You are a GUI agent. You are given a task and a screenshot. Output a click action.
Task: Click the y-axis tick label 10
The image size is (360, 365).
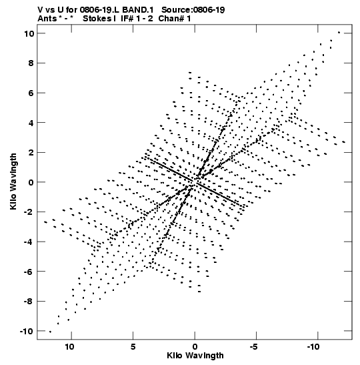tap(29, 34)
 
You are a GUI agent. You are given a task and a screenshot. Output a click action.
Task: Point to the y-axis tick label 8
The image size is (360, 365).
tap(31, 63)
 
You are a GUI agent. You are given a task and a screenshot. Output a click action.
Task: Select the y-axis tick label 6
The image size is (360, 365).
tap(31, 93)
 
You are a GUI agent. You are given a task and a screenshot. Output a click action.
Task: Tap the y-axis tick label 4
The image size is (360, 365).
tap(31, 123)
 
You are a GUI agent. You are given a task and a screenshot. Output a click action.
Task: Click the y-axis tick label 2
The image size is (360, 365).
tap(31, 152)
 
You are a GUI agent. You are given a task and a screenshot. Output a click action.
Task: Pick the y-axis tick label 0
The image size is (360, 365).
tap(31, 182)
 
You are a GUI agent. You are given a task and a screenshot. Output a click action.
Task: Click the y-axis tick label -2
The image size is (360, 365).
tap(29, 212)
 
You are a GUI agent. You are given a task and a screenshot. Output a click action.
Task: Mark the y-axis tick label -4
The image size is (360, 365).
tap(29, 242)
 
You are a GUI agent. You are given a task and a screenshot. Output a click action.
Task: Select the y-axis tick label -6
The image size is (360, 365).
tap(29, 272)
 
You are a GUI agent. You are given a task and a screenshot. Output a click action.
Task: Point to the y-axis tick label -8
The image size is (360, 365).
tap(29, 302)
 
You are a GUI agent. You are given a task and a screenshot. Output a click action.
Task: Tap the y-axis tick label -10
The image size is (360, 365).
tap(27, 331)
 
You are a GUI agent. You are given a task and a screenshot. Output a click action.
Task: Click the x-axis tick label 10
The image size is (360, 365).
tap(70, 347)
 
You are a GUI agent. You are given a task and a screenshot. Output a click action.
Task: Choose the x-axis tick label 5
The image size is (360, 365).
tap(133, 347)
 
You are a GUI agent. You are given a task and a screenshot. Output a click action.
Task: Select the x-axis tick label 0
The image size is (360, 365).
tap(195, 347)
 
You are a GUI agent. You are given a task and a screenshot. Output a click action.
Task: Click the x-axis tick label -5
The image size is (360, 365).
tap(254, 347)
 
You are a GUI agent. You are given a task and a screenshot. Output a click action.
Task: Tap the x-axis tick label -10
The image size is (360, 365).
tap(313, 347)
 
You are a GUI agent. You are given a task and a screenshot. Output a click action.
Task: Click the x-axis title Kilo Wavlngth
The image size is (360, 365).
tap(195, 356)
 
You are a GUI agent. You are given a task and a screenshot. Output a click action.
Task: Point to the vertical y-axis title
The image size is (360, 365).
tap(13, 181)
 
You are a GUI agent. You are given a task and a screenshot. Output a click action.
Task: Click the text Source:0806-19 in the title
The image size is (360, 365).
tap(193, 10)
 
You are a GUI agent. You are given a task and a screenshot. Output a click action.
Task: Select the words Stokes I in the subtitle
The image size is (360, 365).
tap(99, 19)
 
